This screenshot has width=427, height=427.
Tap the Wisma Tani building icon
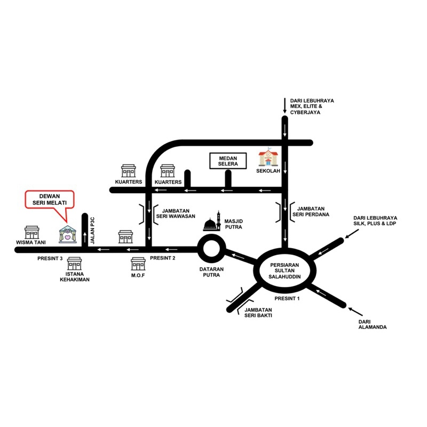pos(33,233)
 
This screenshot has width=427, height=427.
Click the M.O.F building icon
pos(138,263)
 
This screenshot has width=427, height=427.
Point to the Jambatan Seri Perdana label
pos(312,211)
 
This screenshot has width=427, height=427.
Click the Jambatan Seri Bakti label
pos(259,313)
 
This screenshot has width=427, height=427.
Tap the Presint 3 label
pos(50,258)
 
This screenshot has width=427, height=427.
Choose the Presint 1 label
pos(288,299)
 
